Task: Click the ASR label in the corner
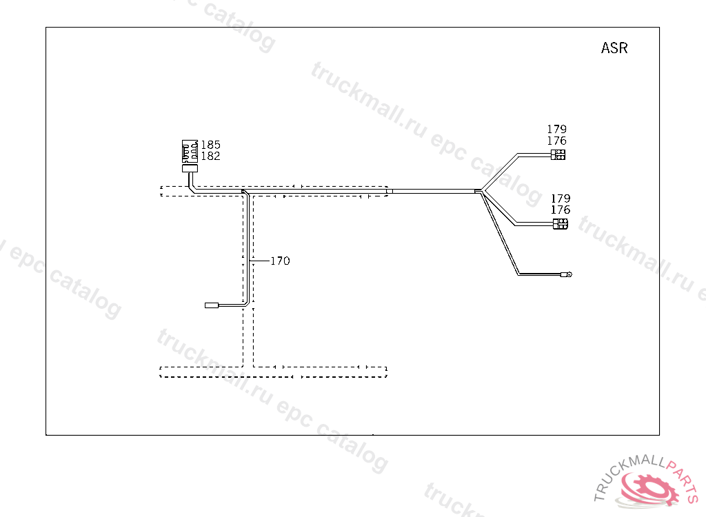614,48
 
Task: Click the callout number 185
210,145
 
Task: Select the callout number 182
210,156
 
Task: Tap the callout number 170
280,261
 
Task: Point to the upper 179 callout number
556,130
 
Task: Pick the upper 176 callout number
556,141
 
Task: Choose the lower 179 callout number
561,199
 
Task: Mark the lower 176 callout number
561,210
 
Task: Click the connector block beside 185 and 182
190,152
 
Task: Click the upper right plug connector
558,155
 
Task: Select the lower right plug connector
561,224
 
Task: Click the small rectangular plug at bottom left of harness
212,305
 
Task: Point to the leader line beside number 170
260,261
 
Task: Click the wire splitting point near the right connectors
480,192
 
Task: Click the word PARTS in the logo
682,479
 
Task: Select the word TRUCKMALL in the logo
629,476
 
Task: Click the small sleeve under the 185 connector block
190,168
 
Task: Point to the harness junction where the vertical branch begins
245,193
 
